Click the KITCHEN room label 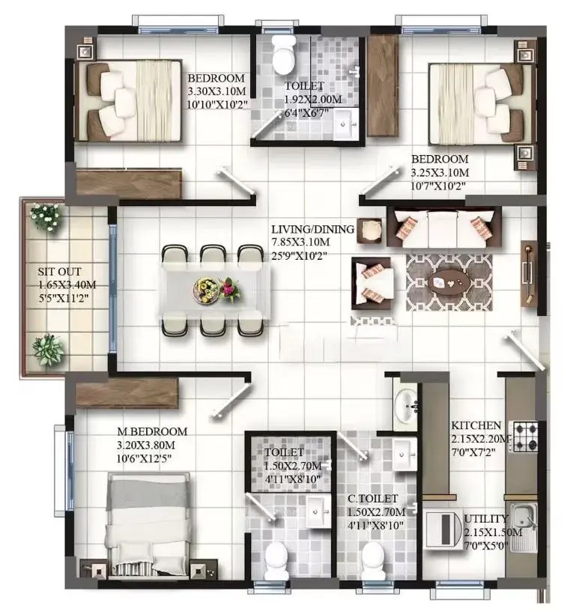pos(476,425)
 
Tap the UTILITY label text pos(486,519)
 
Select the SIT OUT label pos(60,272)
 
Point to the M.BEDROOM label pos(152,431)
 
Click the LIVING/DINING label pos(312,229)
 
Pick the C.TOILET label pos(373,499)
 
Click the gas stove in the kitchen pos(524,437)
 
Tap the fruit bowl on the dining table pos(205,290)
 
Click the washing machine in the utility pos(443,530)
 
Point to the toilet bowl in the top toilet pos(283,55)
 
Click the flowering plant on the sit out pos(46,216)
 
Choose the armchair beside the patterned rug pos(372,283)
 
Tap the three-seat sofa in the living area pos(444,227)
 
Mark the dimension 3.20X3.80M pos(146,445)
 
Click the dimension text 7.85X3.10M pos(300,242)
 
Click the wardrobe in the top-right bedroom pos(383,85)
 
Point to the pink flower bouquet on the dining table pos(230,290)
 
